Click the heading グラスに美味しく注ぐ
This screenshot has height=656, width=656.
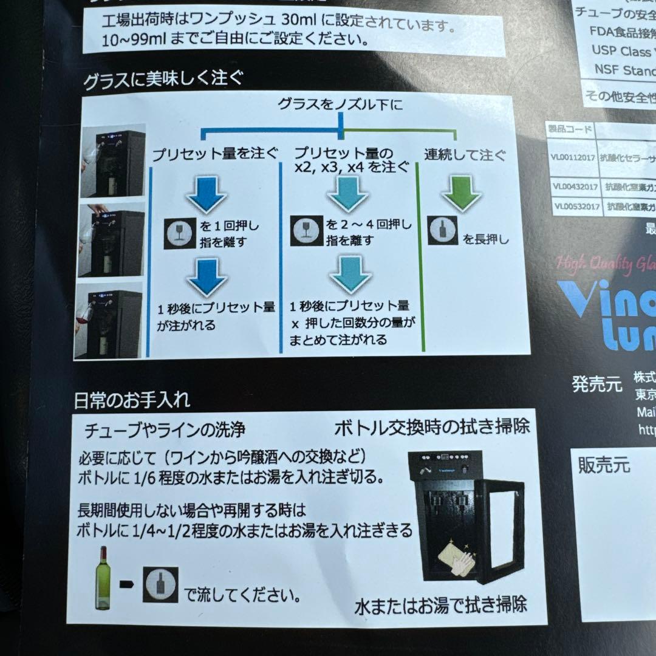pos(163,79)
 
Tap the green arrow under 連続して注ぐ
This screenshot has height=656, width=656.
pos(461,193)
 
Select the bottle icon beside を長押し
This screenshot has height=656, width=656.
pos(442,230)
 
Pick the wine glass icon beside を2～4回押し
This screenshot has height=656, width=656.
pos(305,231)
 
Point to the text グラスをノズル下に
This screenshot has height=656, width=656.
pos(340,104)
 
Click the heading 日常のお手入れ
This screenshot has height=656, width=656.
pos(132,400)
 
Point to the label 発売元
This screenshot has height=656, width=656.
pos(596,384)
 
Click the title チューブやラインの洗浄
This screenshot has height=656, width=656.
pos(165,430)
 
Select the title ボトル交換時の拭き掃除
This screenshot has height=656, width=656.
pos(432,426)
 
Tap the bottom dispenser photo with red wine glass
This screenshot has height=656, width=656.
pos(109,319)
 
